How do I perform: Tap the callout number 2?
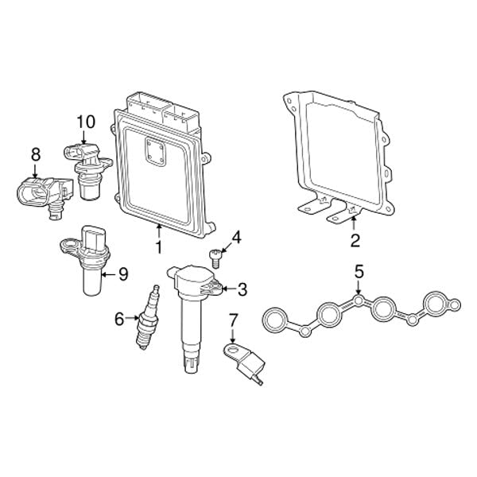[355, 238]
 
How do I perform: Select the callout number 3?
[242, 289]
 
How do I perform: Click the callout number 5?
[359, 272]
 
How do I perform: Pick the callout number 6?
[119, 319]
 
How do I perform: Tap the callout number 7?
[233, 320]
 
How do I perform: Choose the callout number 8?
[35, 152]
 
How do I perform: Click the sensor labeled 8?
[40, 192]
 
